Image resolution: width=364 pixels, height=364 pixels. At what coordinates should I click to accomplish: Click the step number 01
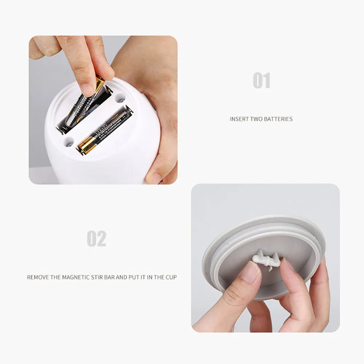point(261,80)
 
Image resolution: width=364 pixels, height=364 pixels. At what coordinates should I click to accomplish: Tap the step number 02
point(96,239)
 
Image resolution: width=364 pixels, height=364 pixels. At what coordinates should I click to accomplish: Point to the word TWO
point(257,119)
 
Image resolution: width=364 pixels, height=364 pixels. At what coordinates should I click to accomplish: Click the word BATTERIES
point(278,119)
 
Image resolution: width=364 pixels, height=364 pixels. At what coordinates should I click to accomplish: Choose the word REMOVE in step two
point(38,277)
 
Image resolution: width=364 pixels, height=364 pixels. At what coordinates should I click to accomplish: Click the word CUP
point(170,277)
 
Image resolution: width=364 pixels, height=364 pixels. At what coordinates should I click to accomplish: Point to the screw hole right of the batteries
point(120,98)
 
